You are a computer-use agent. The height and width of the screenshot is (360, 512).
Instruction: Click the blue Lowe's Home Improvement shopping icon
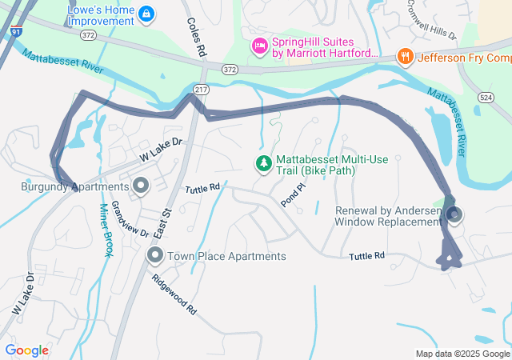pyautogui.click(x=146, y=14)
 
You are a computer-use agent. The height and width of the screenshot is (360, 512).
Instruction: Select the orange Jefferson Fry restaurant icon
pyautogui.click(x=406, y=57)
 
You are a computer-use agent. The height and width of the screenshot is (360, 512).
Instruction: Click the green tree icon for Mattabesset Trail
pyautogui.click(x=263, y=164)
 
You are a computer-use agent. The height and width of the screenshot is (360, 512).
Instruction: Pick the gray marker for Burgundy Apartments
pyautogui.click(x=142, y=187)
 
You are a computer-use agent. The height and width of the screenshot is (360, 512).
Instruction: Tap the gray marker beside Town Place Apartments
pyautogui.click(x=155, y=256)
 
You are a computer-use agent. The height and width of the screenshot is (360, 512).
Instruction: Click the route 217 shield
pyautogui.click(x=201, y=90)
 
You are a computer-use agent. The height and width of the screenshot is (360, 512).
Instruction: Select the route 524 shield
pyautogui.click(x=485, y=96)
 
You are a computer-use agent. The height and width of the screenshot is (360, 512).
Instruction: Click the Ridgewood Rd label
pyautogui.click(x=175, y=294)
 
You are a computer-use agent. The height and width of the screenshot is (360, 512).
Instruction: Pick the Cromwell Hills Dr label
pyautogui.click(x=430, y=25)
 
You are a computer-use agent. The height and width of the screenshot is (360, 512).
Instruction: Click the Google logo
pyautogui.click(x=26, y=350)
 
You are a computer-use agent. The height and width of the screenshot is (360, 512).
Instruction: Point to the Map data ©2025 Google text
pyautogui.click(x=462, y=354)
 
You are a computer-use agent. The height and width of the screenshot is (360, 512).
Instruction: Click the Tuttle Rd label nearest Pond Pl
pyautogui.click(x=202, y=189)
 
